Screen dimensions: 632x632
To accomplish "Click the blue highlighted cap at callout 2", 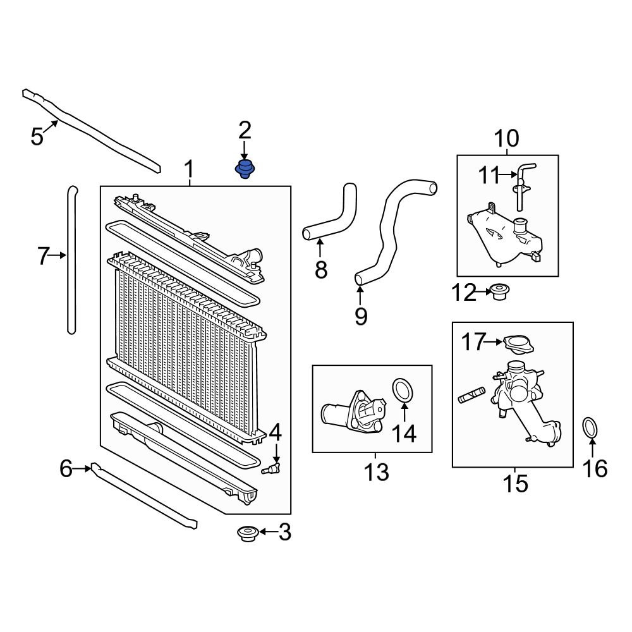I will click(x=245, y=169).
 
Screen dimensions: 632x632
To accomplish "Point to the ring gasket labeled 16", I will click(x=590, y=428).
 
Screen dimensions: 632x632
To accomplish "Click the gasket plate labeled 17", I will click(x=518, y=343).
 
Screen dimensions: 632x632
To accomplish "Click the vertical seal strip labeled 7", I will click(x=71, y=259).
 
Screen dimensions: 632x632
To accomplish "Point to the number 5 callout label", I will click(x=37, y=135).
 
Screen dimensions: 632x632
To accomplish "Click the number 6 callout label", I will click(x=66, y=469).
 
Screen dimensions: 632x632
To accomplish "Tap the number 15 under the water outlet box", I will click(x=516, y=484).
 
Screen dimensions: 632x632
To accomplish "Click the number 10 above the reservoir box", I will click(x=506, y=138).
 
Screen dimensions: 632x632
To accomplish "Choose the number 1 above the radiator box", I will click(x=188, y=169).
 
